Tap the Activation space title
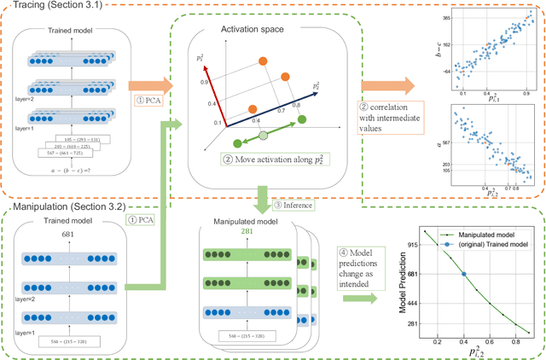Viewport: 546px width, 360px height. click(254, 38)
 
